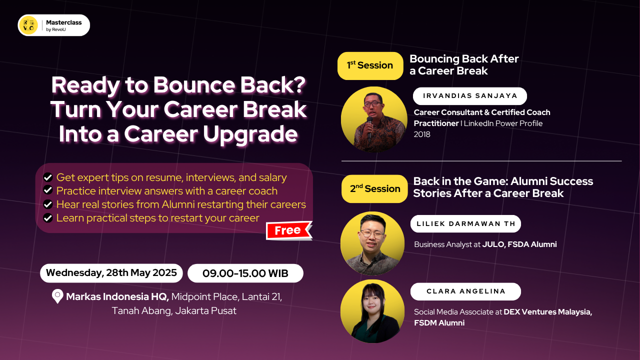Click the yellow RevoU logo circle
pyautogui.click(x=28, y=25)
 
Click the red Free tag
pyautogui.click(x=288, y=230)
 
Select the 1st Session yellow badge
pyautogui.click(x=370, y=65)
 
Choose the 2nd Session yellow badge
pyautogui.click(x=375, y=188)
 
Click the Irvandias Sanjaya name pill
pyautogui.click(x=470, y=96)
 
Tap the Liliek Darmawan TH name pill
pyautogui.click(x=465, y=223)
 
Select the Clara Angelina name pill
pyautogui.click(x=465, y=291)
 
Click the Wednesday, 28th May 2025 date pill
pyautogui.click(x=111, y=273)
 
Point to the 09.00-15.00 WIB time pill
pyautogui.click(x=245, y=273)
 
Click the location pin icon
pyautogui.click(x=57, y=296)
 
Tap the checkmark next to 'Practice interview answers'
pyautogui.click(x=48, y=190)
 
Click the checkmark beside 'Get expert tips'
pyautogui.click(x=48, y=177)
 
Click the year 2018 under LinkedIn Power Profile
pyautogui.click(x=422, y=134)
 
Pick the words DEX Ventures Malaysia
pyautogui.click(x=547, y=311)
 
